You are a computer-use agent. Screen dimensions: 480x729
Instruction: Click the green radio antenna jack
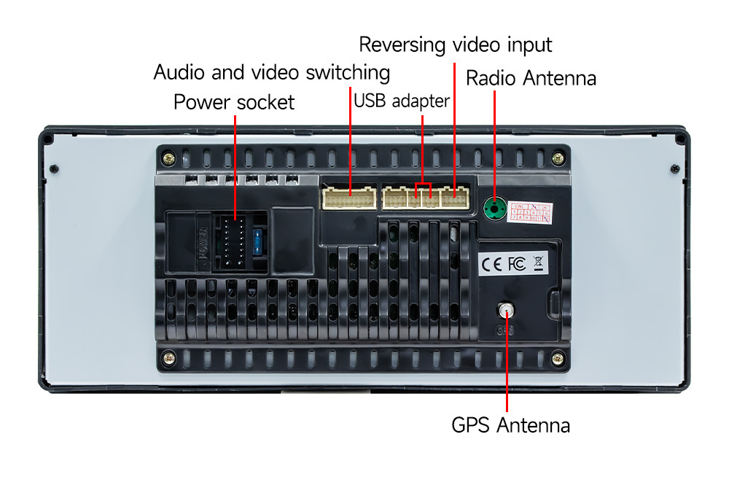click(496, 209)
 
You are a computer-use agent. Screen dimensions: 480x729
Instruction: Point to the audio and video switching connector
click(348, 197)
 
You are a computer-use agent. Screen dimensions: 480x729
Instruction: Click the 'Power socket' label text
click(233, 102)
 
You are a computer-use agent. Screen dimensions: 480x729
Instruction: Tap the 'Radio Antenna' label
click(531, 78)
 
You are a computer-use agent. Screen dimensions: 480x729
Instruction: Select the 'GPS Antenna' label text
click(510, 425)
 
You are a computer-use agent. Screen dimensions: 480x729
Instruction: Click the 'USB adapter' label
click(401, 101)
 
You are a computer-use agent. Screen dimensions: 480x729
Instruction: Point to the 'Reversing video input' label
click(456, 44)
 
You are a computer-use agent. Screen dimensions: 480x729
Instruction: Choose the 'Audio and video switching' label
click(271, 72)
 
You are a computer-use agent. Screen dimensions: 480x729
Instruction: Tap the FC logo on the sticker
click(516, 264)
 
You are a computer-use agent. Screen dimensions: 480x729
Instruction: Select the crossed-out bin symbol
click(539, 263)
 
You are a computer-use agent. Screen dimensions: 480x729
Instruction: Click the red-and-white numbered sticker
click(529, 212)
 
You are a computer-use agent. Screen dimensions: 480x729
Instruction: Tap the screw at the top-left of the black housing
click(169, 155)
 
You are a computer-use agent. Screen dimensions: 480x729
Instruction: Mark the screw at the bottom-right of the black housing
click(558, 357)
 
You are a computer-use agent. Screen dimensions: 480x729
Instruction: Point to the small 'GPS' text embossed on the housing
click(505, 330)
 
